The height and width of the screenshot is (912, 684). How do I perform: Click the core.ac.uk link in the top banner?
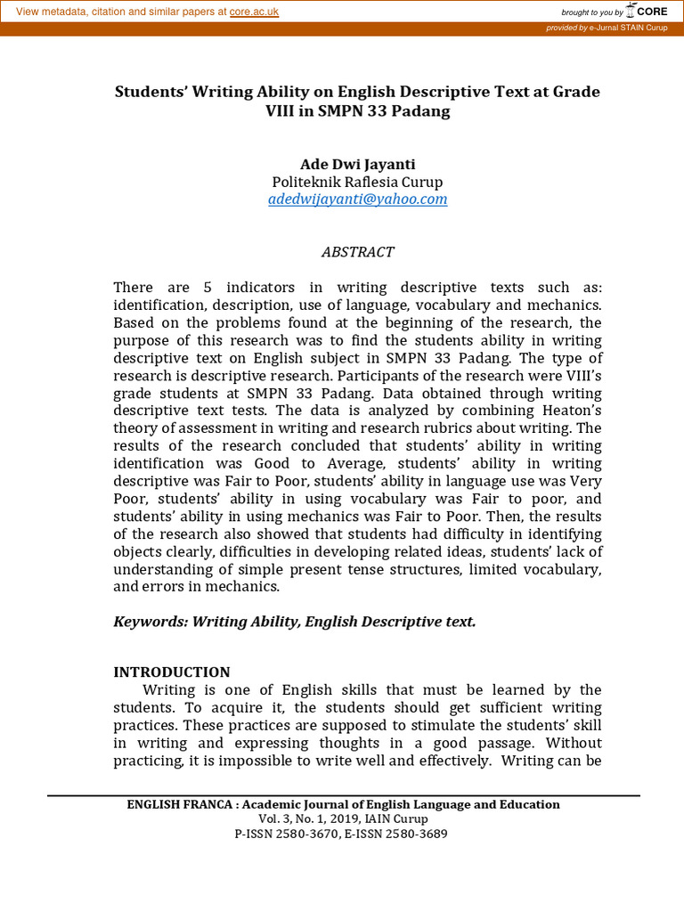click(x=254, y=12)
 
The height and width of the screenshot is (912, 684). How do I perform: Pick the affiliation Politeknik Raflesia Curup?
click(x=357, y=182)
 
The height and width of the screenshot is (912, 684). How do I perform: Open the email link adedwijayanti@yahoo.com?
click(x=357, y=199)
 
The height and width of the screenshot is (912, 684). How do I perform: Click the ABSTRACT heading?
click(x=357, y=252)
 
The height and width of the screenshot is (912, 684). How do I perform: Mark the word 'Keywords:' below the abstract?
click(x=147, y=622)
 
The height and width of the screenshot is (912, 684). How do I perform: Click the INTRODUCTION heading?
click(x=172, y=672)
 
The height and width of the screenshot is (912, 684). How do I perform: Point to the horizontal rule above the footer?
click(x=343, y=795)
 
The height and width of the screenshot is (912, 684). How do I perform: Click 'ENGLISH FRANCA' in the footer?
click(x=179, y=805)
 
